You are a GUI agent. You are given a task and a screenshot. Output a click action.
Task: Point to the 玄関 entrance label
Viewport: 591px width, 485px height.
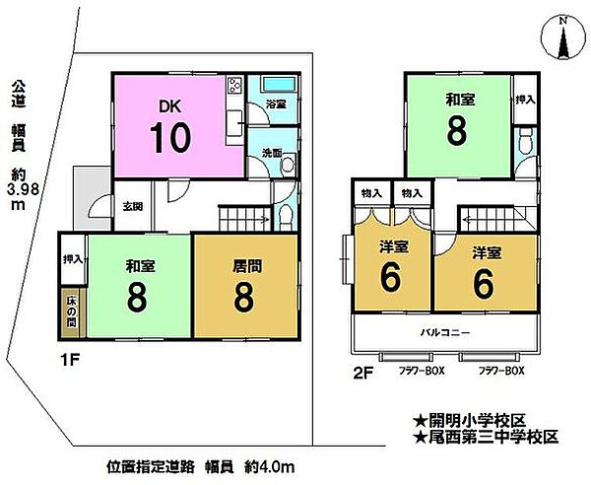coord(132,206)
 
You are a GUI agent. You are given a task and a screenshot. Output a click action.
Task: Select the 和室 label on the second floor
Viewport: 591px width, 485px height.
coord(457,99)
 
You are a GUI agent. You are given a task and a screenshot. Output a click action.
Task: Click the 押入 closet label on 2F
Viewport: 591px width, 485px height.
coord(525,101)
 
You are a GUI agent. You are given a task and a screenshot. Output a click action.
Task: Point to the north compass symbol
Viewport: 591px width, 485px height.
coord(560,39)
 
